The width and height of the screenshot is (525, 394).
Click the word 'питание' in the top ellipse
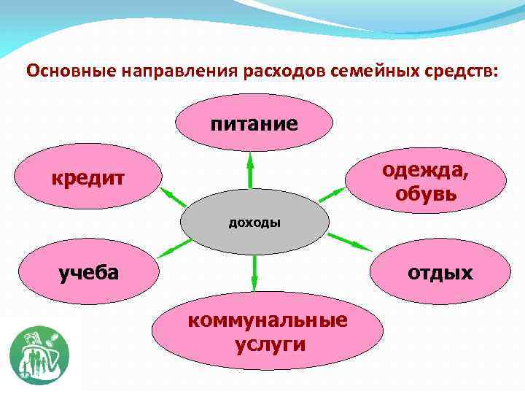tap(254, 123)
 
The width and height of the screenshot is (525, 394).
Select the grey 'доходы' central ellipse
tap(254, 222)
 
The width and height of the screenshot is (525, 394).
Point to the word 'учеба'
tap(89, 273)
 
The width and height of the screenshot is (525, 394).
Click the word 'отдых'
tap(440, 273)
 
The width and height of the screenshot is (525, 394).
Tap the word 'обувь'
tap(427, 193)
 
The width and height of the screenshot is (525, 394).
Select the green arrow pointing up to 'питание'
tap(250, 171)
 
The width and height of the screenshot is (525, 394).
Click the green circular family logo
tap(39, 355)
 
